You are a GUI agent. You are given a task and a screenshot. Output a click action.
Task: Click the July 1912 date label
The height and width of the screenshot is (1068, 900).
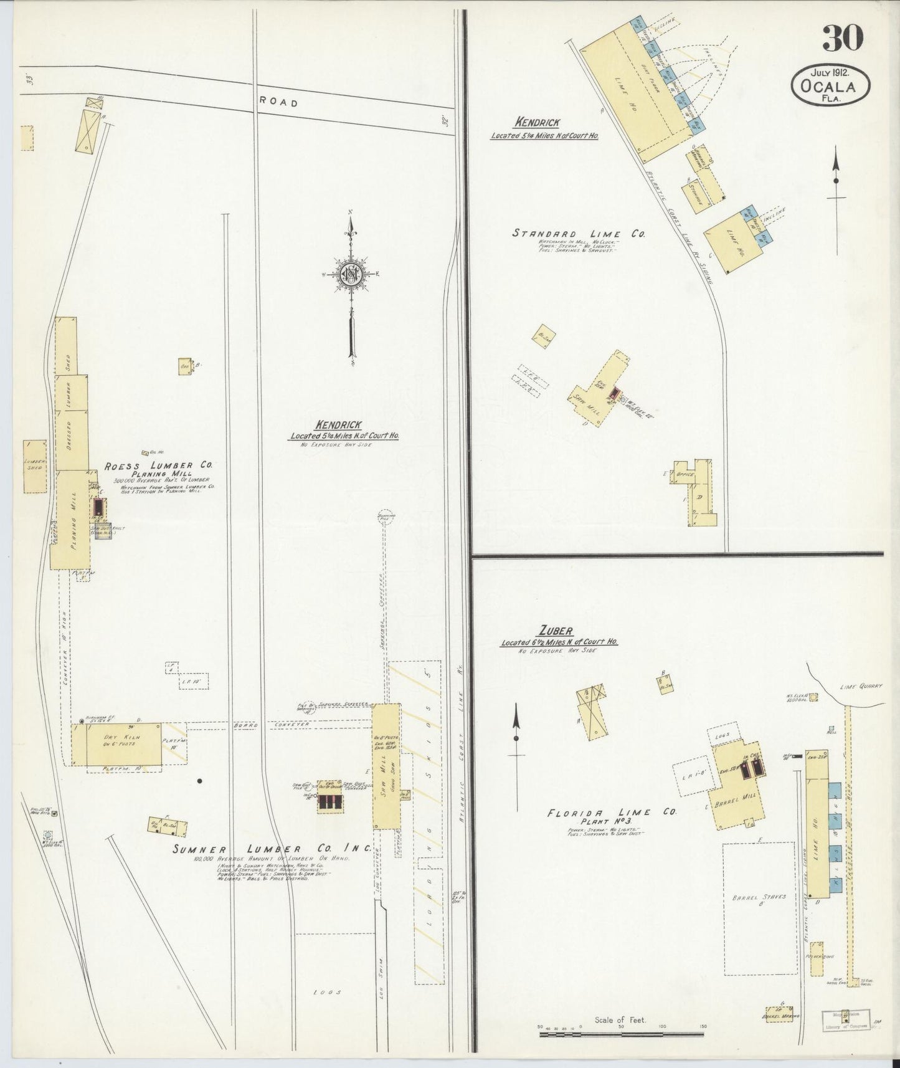tap(831, 71)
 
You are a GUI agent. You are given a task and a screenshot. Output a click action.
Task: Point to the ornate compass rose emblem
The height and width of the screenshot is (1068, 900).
tap(351, 274)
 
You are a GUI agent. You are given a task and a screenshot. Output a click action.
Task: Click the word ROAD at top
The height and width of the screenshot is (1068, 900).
tap(278, 102)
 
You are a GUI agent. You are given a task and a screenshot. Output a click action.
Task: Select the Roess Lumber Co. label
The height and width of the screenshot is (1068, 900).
tap(158, 465)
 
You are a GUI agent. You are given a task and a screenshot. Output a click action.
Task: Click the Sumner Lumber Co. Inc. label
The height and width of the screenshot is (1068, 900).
tap(272, 848)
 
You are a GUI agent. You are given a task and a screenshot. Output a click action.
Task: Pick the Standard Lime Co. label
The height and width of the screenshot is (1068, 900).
tap(578, 234)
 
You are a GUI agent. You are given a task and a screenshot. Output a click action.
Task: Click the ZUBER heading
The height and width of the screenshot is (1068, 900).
tap(557, 631)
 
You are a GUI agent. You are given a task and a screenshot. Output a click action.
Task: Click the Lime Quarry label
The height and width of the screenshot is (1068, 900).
tap(861, 686)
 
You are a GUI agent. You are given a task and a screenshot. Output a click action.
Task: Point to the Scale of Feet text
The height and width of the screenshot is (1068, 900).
tap(620, 1020)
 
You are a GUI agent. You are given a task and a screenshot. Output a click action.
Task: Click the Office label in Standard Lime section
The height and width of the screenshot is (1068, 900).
tap(685, 474)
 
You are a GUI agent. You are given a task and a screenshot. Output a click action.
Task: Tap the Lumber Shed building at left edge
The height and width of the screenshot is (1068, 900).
tap(35, 466)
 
